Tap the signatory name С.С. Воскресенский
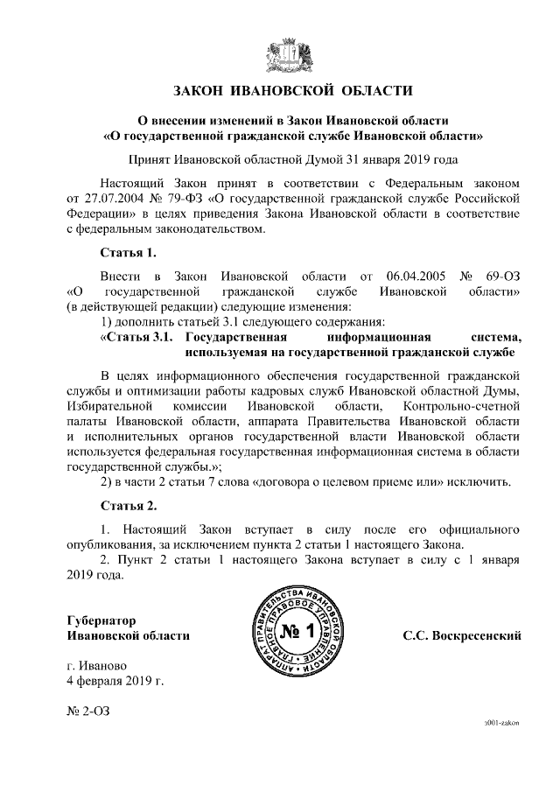(462, 634)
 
